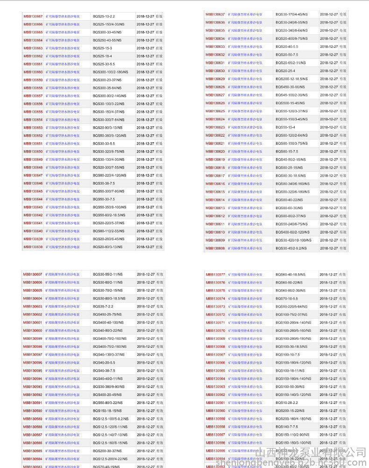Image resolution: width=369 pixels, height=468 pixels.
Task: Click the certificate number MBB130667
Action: click(x=33, y=16)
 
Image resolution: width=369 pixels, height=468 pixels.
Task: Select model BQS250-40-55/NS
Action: click(x=107, y=40)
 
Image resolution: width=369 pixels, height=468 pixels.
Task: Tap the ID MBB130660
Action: click(x=33, y=72)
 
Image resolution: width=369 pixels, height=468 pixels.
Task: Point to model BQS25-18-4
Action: click(x=102, y=56)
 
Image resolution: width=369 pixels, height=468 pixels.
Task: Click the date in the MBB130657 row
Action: click(x=145, y=96)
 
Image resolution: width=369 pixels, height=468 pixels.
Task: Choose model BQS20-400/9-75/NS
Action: click(x=291, y=39)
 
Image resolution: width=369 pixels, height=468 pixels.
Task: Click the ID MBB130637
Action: click(x=215, y=15)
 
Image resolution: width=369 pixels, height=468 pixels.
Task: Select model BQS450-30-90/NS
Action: click(x=290, y=87)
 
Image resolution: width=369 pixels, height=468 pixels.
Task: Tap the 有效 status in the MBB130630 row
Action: click(x=343, y=71)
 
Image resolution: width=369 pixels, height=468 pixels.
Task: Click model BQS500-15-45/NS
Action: click(x=290, y=103)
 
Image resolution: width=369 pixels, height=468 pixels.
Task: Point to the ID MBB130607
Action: click(x=33, y=274)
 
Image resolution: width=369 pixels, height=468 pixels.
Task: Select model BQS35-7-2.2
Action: click(x=103, y=307)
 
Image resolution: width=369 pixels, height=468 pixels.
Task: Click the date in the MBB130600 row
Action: click(x=146, y=330)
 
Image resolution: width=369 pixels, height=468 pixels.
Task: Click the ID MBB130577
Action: click(x=215, y=275)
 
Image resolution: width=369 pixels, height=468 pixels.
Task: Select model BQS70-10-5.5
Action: click(x=286, y=299)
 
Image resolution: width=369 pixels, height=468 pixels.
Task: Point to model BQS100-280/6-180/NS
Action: click(x=293, y=338)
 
